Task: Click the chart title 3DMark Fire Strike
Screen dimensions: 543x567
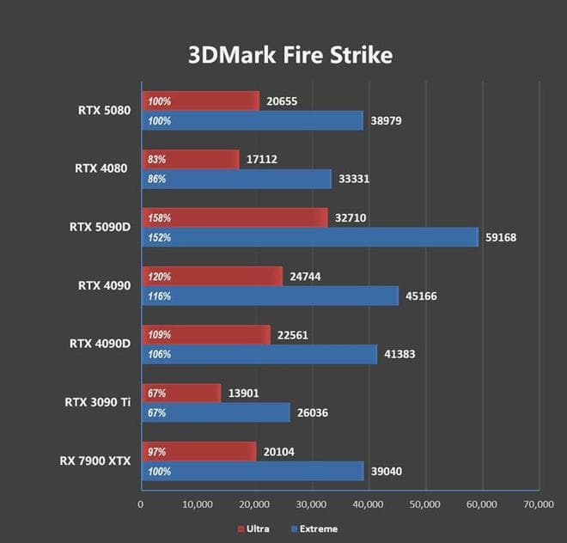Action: click(x=290, y=56)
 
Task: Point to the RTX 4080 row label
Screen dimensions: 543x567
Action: click(x=102, y=168)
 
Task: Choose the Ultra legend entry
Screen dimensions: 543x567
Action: click(x=253, y=528)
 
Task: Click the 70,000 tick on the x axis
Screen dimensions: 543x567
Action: click(x=539, y=504)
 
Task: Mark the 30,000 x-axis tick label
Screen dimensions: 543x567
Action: click(x=311, y=504)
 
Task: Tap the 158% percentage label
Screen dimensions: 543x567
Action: click(x=160, y=218)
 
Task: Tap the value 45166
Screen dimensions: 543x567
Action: click(x=421, y=296)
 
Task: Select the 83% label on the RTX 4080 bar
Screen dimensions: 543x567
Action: click(x=157, y=160)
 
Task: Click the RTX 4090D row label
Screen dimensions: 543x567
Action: click(x=100, y=344)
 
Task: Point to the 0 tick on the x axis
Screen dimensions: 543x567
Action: click(x=141, y=504)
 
